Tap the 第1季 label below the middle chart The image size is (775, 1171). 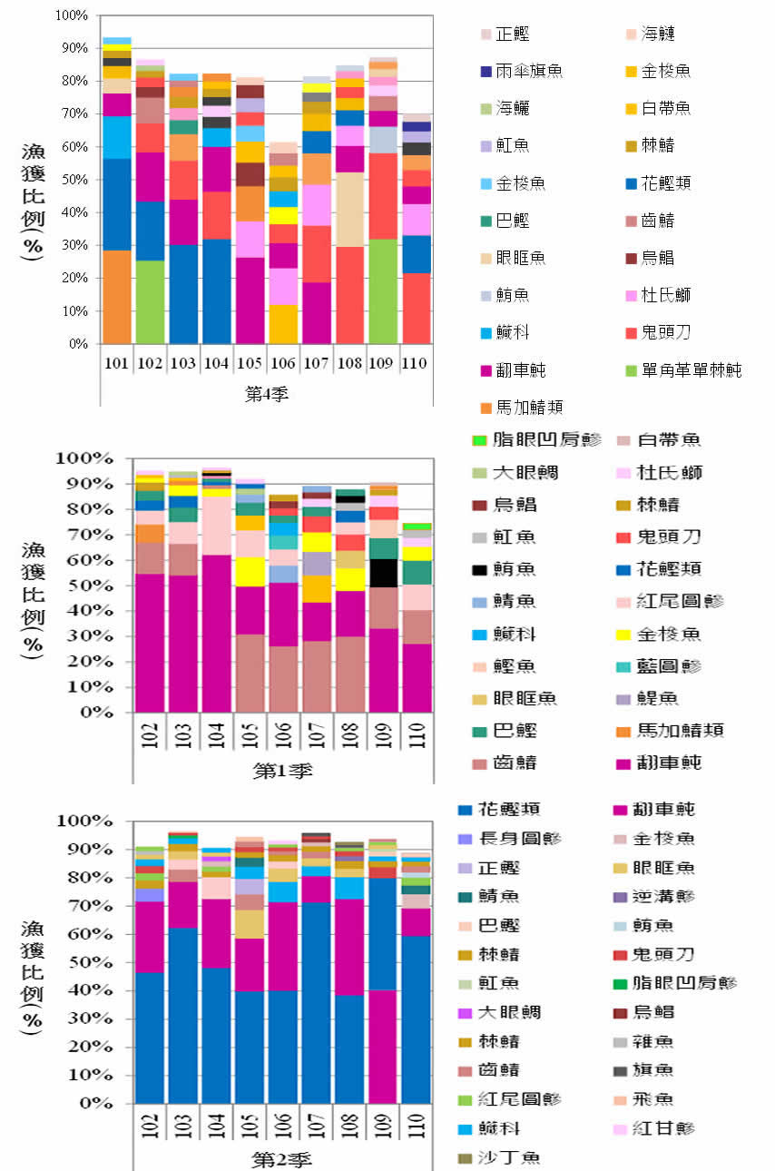click(x=282, y=772)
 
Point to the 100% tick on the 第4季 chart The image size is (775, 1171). click(x=71, y=15)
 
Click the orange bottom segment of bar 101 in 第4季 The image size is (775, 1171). click(x=115, y=297)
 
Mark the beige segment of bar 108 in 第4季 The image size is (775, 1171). click(x=350, y=209)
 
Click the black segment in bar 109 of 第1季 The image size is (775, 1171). click(x=383, y=573)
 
